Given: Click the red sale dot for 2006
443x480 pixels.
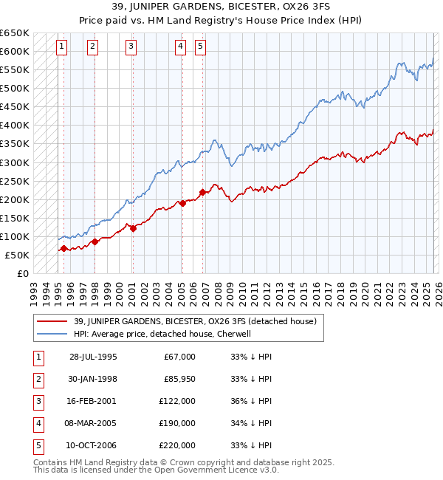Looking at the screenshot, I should (x=202, y=192).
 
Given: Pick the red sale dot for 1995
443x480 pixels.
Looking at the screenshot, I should (x=64, y=249).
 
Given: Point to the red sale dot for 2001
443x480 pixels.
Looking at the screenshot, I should (x=133, y=228).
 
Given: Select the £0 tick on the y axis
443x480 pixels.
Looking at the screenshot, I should (x=23, y=274).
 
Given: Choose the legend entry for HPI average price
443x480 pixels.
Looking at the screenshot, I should (x=162, y=334).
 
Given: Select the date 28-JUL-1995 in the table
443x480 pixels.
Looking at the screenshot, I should (x=93, y=357).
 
